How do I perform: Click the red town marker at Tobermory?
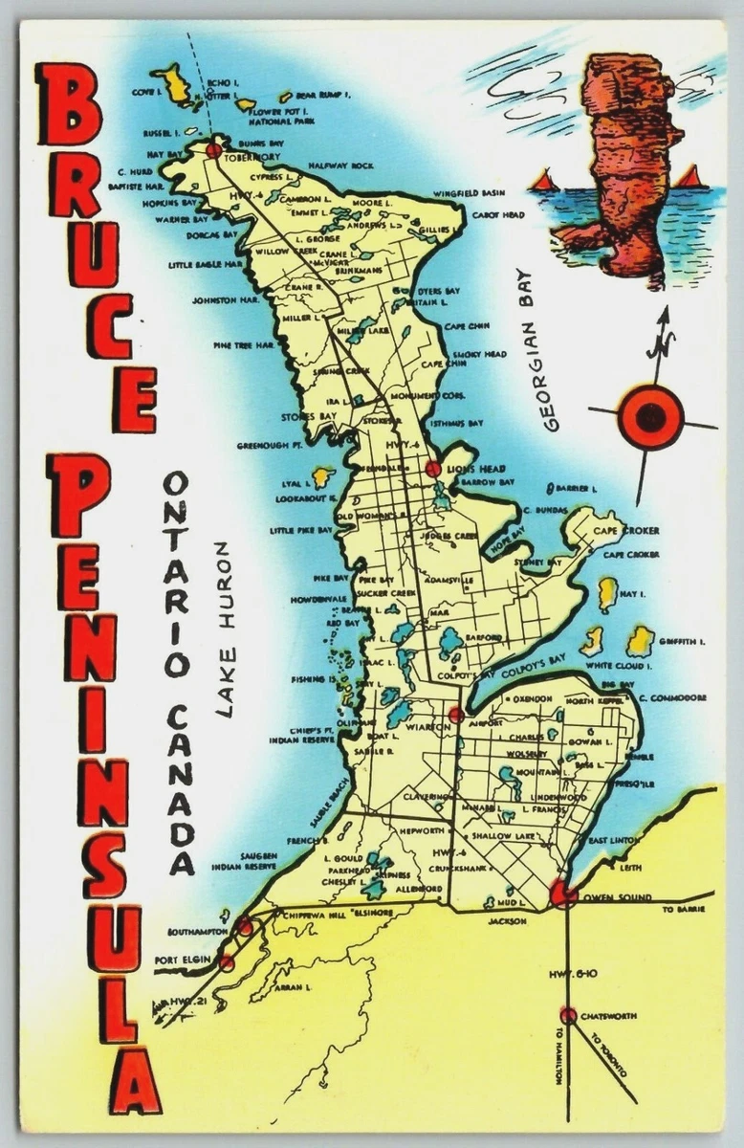213,150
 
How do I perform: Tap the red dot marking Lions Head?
432,469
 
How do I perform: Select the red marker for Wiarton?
456,714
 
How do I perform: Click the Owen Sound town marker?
562,894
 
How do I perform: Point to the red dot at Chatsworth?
568,1015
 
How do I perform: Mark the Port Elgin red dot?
227,962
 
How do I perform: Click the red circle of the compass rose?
650,417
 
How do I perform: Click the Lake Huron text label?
224,629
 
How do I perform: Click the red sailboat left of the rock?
542,180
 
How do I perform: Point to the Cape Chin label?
467,326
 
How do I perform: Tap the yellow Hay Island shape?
607,593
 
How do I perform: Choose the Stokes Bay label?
304,417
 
